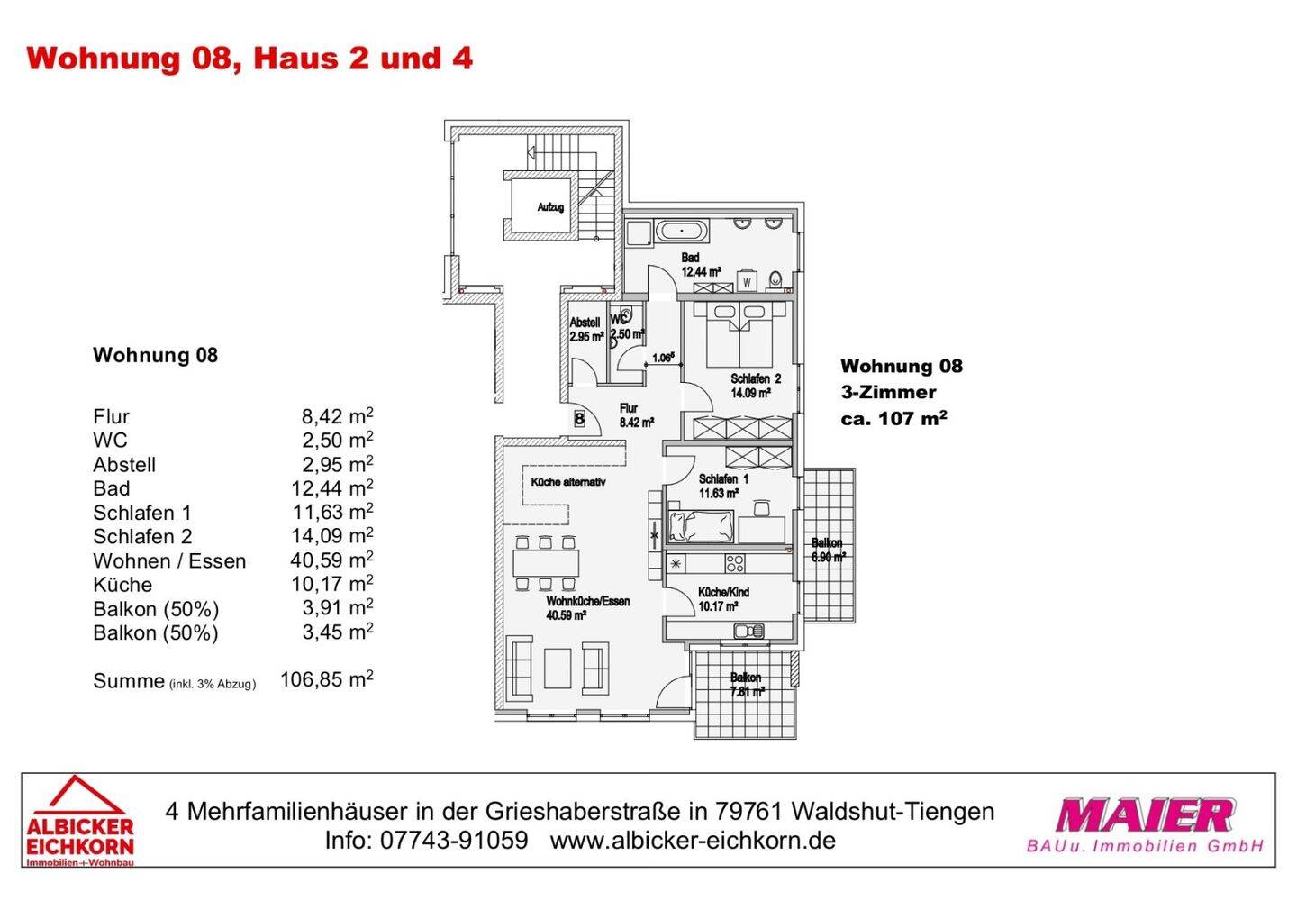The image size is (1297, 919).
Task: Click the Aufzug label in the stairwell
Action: (x=550, y=207)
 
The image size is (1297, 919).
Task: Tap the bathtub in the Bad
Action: (x=682, y=231)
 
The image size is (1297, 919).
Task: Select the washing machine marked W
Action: (x=747, y=282)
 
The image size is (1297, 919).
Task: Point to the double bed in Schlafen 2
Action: (x=739, y=333)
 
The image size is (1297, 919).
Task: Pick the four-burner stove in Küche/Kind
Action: (x=735, y=564)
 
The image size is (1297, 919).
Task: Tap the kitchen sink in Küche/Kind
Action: (x=748, y=631)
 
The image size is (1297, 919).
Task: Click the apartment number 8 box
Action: (x=579, y=418)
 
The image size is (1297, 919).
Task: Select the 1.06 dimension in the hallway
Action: (x=663, y=358)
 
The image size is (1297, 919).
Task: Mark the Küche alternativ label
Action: (x=567, y=482)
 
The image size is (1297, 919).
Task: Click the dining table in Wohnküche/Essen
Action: (x=544, y=563)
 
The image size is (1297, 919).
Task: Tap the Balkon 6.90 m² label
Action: (x=827, y=550)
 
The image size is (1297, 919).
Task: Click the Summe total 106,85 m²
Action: (x=326, y=679)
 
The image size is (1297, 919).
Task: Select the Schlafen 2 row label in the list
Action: (x=142, y=537)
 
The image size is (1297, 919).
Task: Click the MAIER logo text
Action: (x=1144, y=815)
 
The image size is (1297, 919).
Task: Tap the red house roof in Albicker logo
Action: (x=81, y=795)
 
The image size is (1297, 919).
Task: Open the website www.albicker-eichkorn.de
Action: (x=693, y=841)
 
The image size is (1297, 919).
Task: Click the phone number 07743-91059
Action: (x=454, y=841)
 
